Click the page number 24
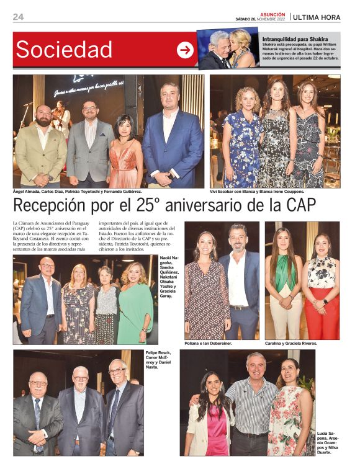[x=19, y=17]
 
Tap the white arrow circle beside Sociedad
[x=185, y=50]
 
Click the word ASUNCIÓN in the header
[x=272, y=14]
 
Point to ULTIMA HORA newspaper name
[x=317, y=17]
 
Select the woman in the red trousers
[x=322, y=292]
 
